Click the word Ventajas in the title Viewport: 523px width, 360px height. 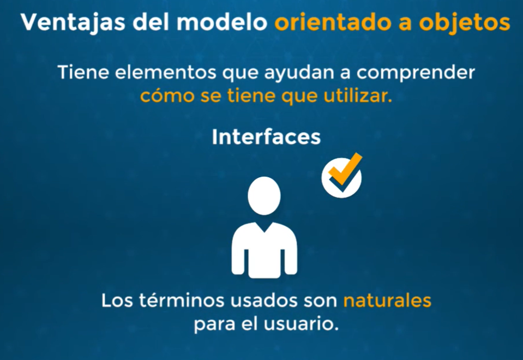click(73, 23)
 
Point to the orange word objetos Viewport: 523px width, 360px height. click(464, 23)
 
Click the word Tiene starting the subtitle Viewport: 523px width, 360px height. click(83, 72)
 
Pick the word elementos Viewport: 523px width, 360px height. click(166, 72)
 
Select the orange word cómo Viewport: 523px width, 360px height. click(167, 96)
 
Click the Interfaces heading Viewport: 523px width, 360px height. click(266, 137)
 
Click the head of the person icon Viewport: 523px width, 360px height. click(264, 196)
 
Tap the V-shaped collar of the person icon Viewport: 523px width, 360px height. click(264, 227)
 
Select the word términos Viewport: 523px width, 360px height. click(182, 300)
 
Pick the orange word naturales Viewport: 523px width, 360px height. click(387, 300)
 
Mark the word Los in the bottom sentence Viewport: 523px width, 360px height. click(117, 300)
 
